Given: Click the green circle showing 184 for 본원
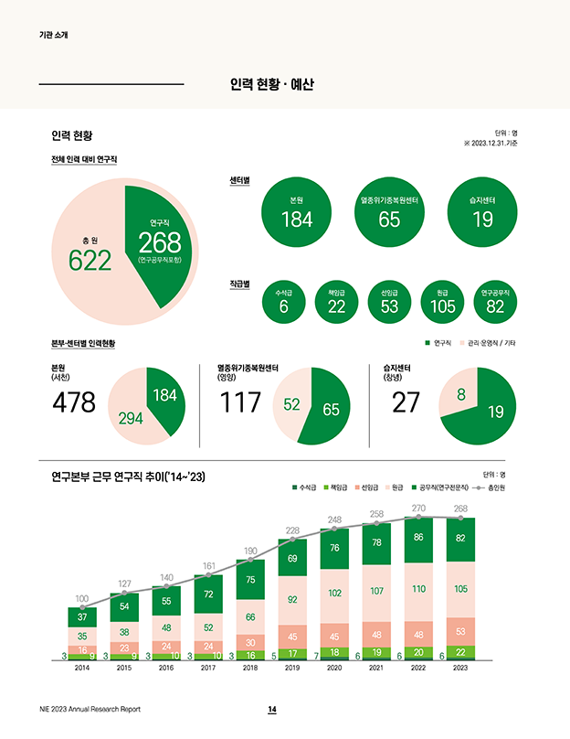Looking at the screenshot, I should tap(296, 210).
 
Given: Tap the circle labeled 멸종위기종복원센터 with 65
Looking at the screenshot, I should tap(389, 210).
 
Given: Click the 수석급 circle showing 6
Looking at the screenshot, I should tap(284, 301).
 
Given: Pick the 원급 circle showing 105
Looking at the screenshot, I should tap(443, 301).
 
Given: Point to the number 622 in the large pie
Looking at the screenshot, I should tap(90, 261).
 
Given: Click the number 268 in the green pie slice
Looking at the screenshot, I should tap(160, 242).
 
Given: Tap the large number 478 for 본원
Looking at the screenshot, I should tap(75, 402).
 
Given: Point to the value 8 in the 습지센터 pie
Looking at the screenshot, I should tap(460, 395).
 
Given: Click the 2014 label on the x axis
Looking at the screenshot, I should tap(82, 669).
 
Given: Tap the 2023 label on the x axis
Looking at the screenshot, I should tap(460, 669).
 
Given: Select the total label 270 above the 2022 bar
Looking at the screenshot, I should tap(418, 508).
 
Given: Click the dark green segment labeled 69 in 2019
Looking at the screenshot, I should tap(292, 558).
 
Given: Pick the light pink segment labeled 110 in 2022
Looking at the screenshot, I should tap(418, 590).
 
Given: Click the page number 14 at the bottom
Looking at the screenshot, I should tap(271, 711).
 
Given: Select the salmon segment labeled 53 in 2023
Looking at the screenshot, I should tap(460, 630).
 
